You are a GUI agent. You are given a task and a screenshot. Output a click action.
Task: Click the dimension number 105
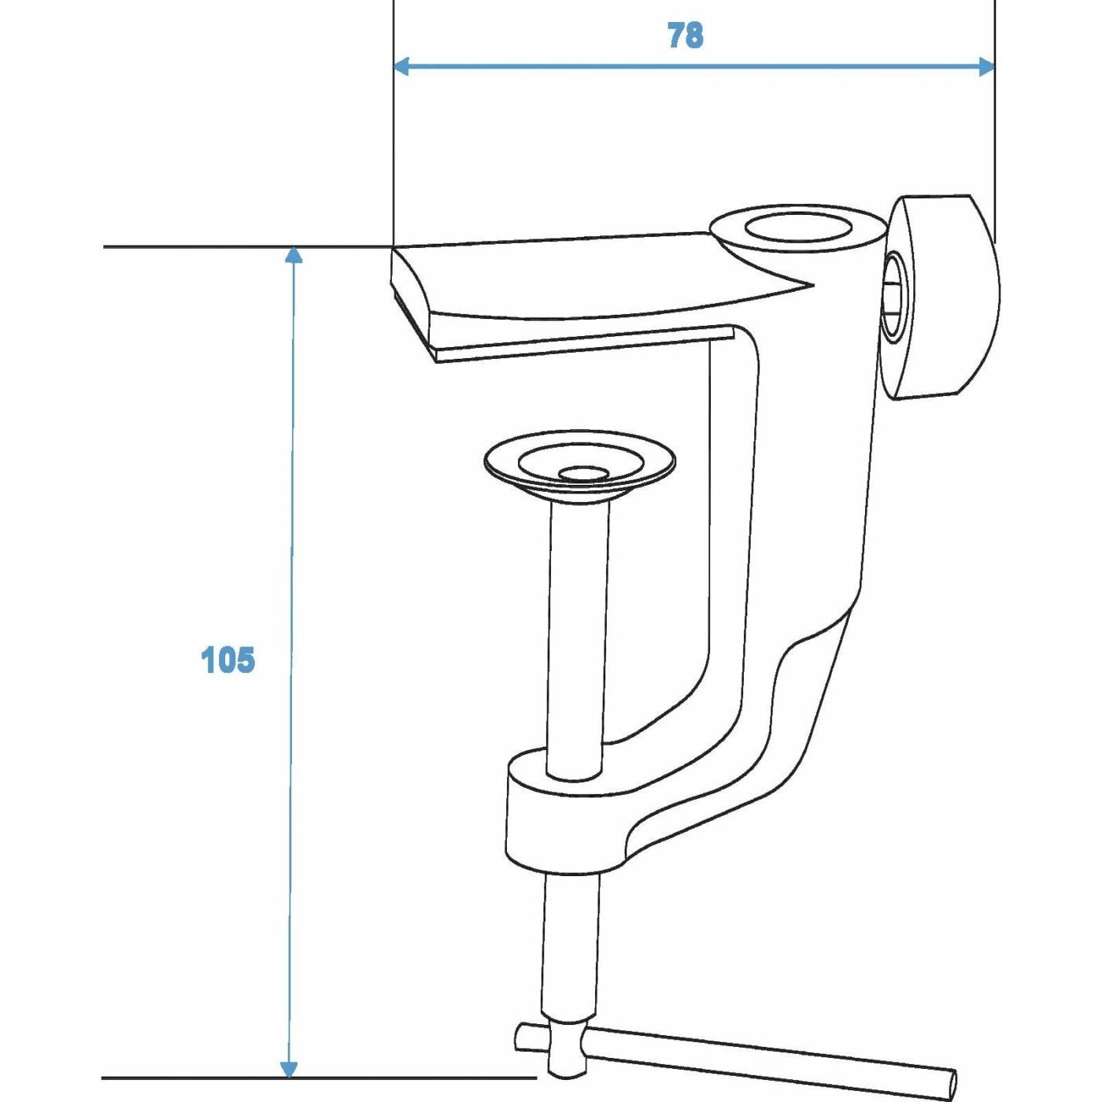[x=227, y=660]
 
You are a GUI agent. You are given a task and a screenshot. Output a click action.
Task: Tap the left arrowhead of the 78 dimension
[x=401, y=66]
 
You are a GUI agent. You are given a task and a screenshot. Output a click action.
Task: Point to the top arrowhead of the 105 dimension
[x=293, y=255]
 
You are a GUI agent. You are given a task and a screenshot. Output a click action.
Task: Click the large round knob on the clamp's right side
[x=944, y=298]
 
